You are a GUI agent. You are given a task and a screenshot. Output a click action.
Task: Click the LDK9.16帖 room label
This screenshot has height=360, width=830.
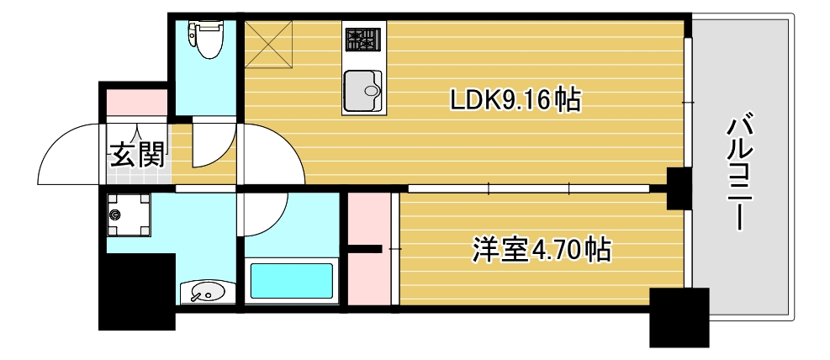(x=515, y=101)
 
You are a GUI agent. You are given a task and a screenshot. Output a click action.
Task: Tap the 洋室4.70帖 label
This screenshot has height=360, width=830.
(x=541, y=250)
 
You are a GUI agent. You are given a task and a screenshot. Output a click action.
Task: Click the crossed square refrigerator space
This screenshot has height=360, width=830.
(x=269, y=45)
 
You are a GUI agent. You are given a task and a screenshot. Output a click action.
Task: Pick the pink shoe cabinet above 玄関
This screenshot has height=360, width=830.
(x=136, y=100)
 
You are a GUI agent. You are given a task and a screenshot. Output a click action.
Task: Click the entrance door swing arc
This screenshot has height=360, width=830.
(x=67, y=151)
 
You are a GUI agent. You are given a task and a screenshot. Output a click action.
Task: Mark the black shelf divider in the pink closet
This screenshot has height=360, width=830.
(x=362, y=248)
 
